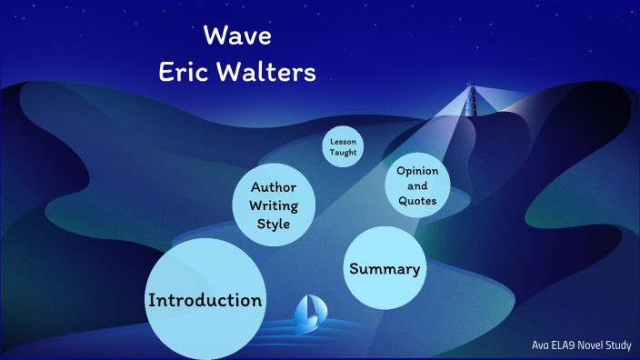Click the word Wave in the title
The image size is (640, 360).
coord(237,37)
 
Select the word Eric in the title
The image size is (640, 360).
coord(185,73)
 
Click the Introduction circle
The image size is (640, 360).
coord(205,299)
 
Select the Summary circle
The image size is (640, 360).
coord(385,268)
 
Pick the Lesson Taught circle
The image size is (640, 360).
coord(344,147)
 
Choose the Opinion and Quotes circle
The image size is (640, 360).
coord(416,185)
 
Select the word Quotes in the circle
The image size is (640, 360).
coord(416,201)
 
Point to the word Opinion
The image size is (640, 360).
coord(417,171)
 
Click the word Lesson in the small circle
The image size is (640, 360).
coord(344,141)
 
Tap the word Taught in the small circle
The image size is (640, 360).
coord(344,154)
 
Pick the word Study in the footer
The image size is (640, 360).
coord(617,345)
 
